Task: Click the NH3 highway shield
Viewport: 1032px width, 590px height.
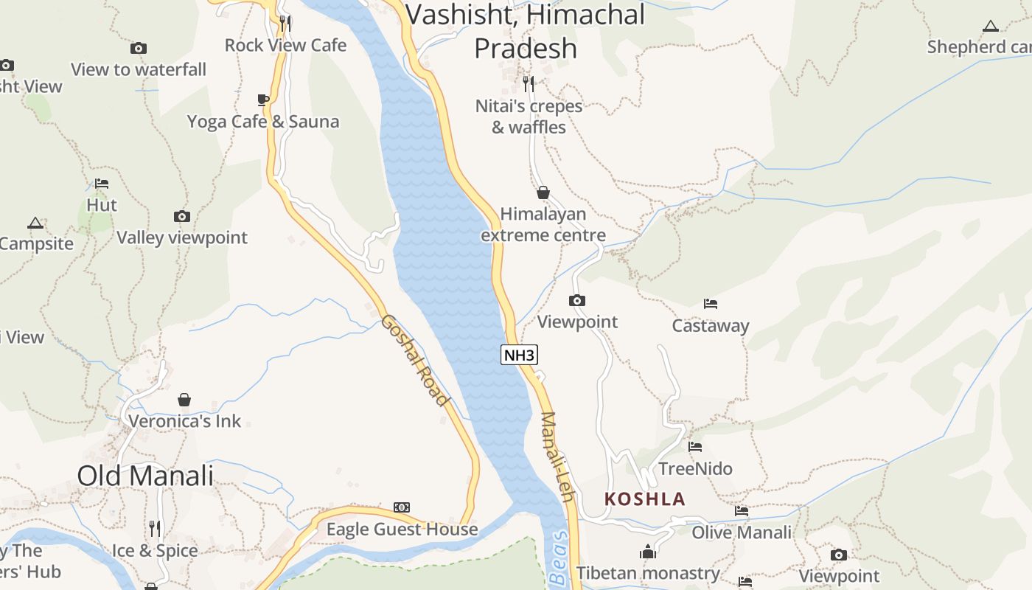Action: (519, 355)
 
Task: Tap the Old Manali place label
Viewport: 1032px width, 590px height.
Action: (145, 476)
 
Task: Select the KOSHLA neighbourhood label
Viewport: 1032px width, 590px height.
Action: (645, 499)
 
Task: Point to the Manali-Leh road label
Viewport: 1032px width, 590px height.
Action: (557, 457)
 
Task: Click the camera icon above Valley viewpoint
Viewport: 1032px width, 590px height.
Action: (182, 216)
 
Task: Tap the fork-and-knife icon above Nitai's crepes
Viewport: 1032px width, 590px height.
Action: (529, 83)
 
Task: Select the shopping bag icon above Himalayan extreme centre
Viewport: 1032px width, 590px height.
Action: (543, 192)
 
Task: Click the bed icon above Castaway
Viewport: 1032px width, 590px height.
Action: (711, 303)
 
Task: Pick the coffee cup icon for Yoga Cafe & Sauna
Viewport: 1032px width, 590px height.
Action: (263, 100)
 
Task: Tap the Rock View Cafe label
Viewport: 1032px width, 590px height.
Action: (285, 45)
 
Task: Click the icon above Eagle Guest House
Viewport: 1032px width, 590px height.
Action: (402, 507)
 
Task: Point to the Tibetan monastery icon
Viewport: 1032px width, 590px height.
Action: (648, 552)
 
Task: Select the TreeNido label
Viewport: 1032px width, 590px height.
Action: (695, 469)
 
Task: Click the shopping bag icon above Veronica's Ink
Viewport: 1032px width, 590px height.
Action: (184, 400)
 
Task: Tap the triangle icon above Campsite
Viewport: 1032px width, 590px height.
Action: (35, 223)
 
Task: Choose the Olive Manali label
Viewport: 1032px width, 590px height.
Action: (741, 532)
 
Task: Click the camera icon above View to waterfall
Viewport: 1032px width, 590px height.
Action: (138, 48)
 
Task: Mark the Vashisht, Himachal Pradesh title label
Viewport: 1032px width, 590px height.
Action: (526, 31)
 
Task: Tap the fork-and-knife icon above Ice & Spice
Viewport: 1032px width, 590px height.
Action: (155, 529)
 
